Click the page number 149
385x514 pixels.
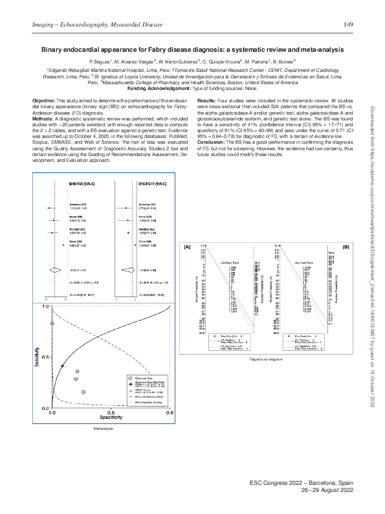coord(347,25)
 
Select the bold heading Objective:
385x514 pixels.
coord(44,102)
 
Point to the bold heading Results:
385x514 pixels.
coord(207,102)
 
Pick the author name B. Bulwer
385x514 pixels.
coord(284,60)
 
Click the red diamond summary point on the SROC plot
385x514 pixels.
coord(63,366)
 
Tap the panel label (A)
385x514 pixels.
coord(188,247)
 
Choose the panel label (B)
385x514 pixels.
coord(346,247)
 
